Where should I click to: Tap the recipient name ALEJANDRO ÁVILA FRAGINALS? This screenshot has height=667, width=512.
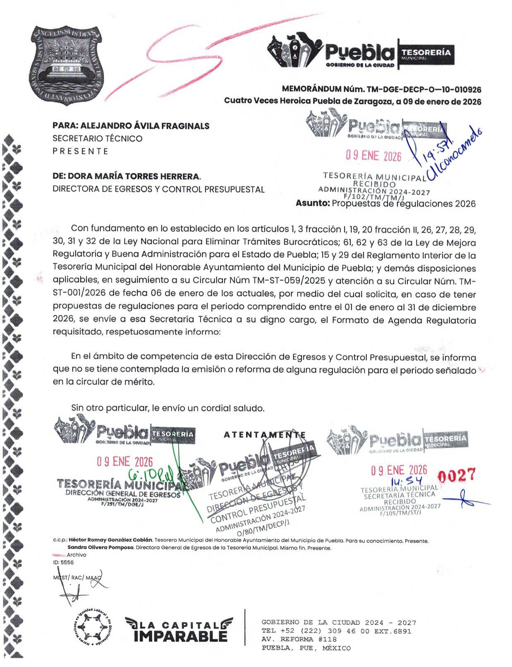[145, 126]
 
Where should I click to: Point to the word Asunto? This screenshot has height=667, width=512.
[313, 203]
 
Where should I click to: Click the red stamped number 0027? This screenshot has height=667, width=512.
[457, 476]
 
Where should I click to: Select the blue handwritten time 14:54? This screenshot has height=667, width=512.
[404, 481]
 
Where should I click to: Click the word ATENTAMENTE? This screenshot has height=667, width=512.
[265, 435]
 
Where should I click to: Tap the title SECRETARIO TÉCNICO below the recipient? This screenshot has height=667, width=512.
[97, 138]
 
